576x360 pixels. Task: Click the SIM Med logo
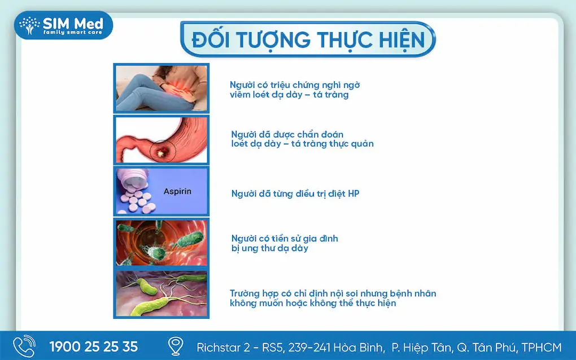click(x=63, y=25)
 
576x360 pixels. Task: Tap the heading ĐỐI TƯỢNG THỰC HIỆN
click(x=308, y=39)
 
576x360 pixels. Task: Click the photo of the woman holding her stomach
click(x=162, y=88)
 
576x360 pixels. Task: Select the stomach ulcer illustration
click(x=162, y=140)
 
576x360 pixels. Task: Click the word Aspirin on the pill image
click(x=177, y=191)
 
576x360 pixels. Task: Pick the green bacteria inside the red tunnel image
click(x=162, y=243)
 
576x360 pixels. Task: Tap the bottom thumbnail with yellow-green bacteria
click(x=162, y=293)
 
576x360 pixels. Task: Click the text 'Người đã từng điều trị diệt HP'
click(x=295, y=194)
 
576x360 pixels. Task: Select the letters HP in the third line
click(x=354, y=194)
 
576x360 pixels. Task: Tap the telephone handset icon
click(x=24, y=346)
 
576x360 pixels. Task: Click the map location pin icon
click(x=176, y=346)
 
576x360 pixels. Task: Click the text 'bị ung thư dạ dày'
click(x=269, y=248)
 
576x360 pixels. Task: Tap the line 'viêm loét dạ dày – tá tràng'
click(x=289, y=95)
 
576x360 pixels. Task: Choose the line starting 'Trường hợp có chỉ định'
click(x=333, y=293)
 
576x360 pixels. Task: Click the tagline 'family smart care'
click(x=73, y=33)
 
